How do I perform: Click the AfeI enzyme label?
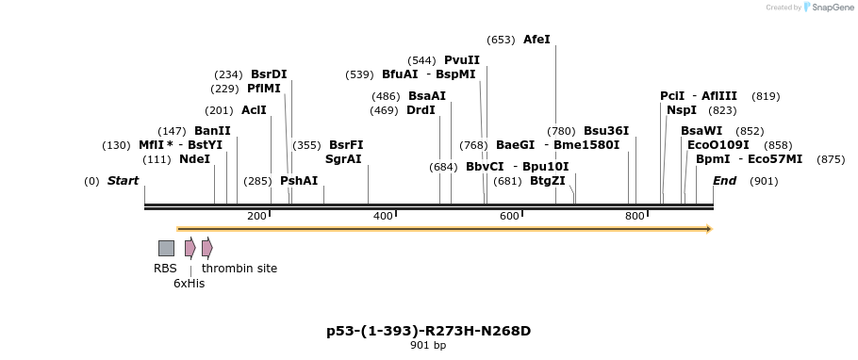click(x=536, y=40)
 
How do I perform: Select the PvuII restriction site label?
click(x=462, y=60)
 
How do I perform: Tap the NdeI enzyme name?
click(x=194, y=159)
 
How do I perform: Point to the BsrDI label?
click(x=269, y=74)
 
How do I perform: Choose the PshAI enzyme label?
click(x=299, y=181)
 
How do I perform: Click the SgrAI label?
click(x=343, y=159)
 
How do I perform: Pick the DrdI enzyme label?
click(x=421, y=110)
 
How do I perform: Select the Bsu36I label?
click(x=606, y=131)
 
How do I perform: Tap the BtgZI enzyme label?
click(x=548, y=181)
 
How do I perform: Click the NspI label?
click(x=682, y=110)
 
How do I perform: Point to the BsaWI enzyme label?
click(x=701, y=131)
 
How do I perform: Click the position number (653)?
click(x=501, y=40)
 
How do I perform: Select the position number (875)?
click(x=831, y=159)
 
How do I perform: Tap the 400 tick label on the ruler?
click(x=383, y=216)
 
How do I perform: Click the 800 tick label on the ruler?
click(x=635, y=216)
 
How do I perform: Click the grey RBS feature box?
click(x=166, y=248)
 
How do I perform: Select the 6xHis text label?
click(x=189, y=283)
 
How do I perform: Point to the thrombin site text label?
click(x=239, y=269)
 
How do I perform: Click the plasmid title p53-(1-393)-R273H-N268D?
click(x=428, y=331)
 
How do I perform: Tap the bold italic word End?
click(x=724, y=181)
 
